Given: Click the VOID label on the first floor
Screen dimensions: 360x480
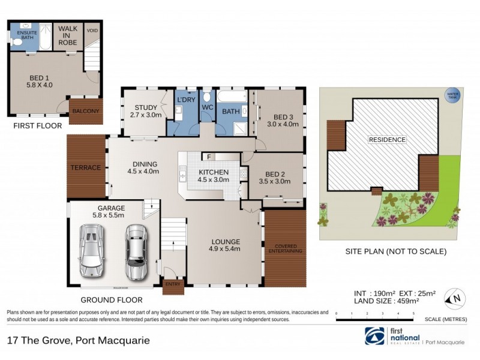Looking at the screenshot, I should [x=92, y=30].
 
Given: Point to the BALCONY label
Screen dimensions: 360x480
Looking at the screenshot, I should [x=85, y=111].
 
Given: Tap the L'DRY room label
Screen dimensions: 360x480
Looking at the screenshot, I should [x=184, y=100].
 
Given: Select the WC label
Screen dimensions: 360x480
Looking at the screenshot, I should [x=208, y=107].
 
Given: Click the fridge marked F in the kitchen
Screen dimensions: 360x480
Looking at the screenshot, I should [x=208, y=157].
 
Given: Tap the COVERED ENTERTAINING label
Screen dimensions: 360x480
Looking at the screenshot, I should [x=286, y=249].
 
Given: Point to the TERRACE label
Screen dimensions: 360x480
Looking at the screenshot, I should [x=86, y=167].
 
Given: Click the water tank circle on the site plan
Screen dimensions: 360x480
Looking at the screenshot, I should [x=450, y=95].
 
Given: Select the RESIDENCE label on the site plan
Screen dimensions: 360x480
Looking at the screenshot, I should [x=387, y=140].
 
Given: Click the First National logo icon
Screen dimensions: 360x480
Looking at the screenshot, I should [x=374, y=334].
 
